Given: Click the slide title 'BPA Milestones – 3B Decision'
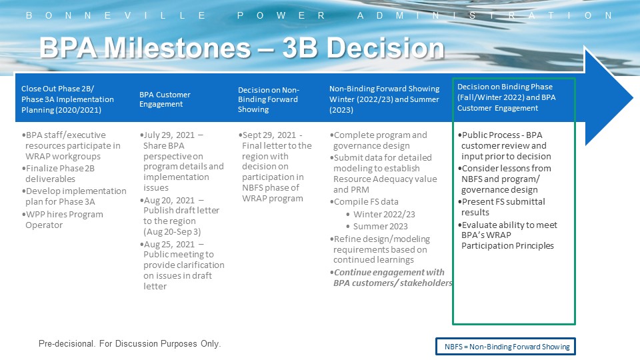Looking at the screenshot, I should click(241, 49).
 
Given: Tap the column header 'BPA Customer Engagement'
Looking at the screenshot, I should click(165, 99).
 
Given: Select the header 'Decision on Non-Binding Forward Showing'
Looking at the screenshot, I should click(269, 99).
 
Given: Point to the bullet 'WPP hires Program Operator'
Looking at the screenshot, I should click(64, 219).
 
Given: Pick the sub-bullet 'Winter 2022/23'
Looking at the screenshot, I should click(384, 214).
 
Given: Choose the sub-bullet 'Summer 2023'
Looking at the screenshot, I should click(381, 226).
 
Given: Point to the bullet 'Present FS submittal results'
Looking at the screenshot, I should click(503, 207).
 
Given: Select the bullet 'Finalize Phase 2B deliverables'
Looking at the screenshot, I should click(60, 173).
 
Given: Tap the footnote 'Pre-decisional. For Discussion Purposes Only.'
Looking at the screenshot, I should click(129, 344).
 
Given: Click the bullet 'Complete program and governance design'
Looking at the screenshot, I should click(380, 140).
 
